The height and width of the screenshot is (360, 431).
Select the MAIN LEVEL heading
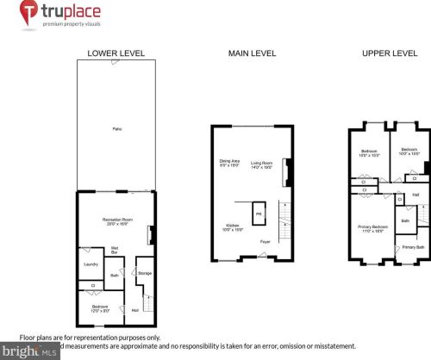click(252, 53)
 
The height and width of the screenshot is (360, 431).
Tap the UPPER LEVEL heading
click(388, 53)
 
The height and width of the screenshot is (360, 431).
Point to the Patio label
click(116, 128)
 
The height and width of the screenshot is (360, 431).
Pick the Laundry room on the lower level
click(89, 264)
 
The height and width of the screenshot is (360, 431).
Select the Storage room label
click(145, 274)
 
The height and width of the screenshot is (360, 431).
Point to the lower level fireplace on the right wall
click(152, 234)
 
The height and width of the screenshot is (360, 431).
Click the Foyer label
click(264, 242)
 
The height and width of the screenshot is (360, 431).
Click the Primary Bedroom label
click(372, 229)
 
